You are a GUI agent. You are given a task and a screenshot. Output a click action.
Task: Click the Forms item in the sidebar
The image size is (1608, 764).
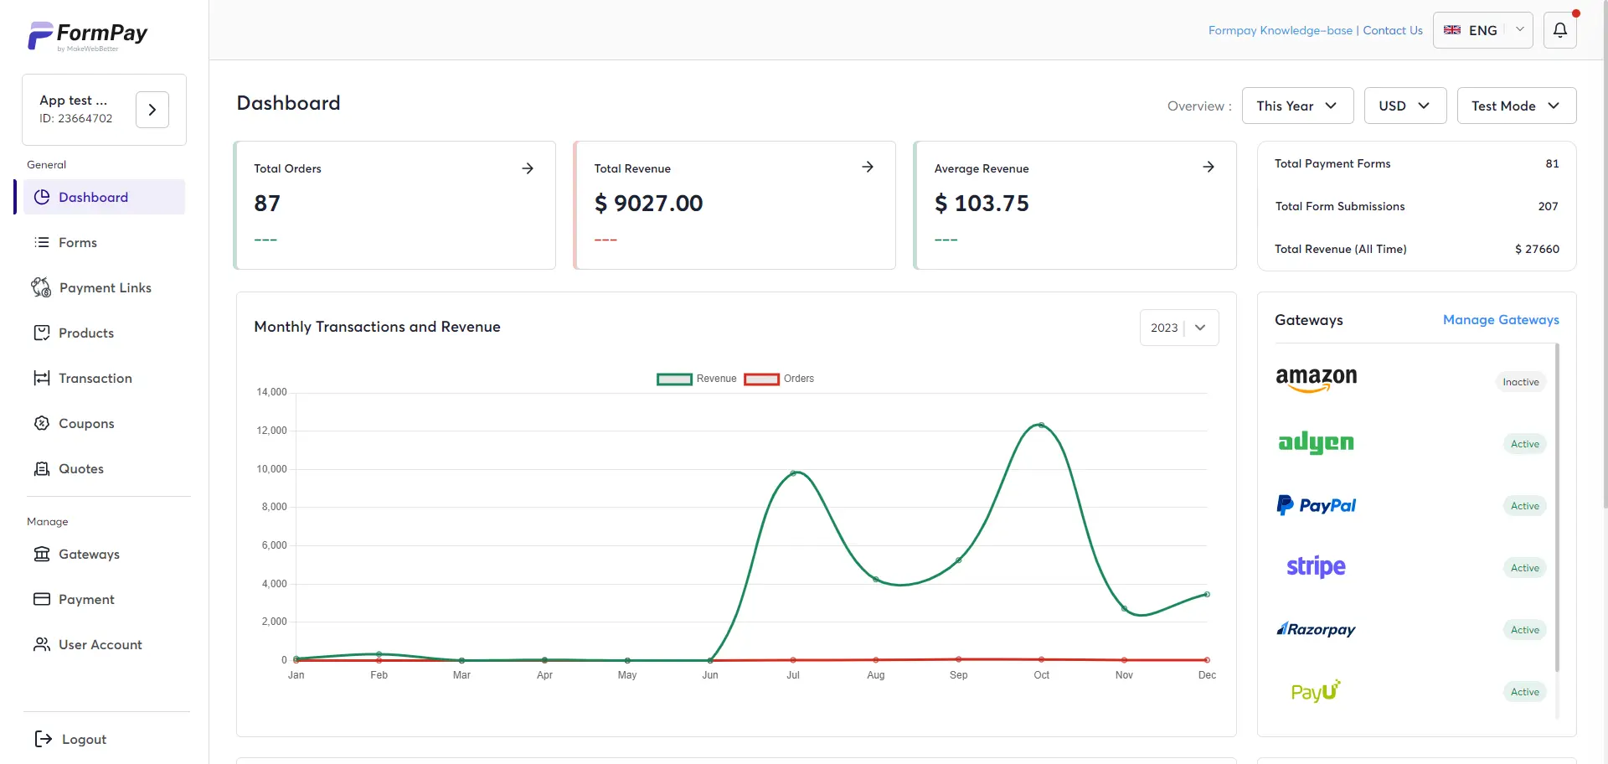pyautogui.click(x=77, y=243)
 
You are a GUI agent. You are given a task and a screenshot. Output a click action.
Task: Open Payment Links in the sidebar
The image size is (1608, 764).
pyautogui.click(x=105, y=288)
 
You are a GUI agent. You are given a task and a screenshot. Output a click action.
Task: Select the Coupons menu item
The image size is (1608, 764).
pyautogui.click(x=85, y=424)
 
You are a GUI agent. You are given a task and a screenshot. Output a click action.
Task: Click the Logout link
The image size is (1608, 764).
pyautogui.click(x=83, y=740)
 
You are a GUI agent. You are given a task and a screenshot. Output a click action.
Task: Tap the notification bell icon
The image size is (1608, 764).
pyautogui.click(x=1559, y=30)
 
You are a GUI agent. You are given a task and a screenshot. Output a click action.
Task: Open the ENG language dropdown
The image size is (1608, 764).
pyautogui.click(x=1482, y=30)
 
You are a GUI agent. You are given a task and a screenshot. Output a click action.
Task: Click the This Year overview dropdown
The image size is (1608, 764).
pyautogui.click(x=1297, y=106)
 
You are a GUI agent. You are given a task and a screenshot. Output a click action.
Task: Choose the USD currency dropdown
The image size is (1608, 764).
pyautogui.click(x=1404, y=106)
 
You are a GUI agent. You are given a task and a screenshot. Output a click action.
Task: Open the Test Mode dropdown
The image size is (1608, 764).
pyautogui.click(x=1516, y=106)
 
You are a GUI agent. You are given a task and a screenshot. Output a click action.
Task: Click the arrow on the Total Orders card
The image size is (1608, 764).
pyautogui.click(x=528, y=168)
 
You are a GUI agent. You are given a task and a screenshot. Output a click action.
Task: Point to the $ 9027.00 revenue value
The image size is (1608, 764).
pyautogui.click(x=648, y=204)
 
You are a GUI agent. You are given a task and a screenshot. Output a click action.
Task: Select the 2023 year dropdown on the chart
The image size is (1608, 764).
pyautogui.click(x=1178, y=328)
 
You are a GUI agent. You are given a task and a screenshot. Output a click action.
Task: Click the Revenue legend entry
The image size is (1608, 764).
pyautogui.click(x=697, y=379)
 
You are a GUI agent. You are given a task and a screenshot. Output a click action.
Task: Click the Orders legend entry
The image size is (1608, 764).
pyautogui.click(x=779, y=379)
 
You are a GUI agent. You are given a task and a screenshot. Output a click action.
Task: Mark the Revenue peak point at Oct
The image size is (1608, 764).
pyautogui.click(x=1041, y=426)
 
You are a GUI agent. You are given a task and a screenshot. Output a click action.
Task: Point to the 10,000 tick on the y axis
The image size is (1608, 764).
pyautogui.click(x=271, y=469)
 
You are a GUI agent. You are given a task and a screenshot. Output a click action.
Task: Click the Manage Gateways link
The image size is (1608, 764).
pyautogui.click(x=1500, y=320)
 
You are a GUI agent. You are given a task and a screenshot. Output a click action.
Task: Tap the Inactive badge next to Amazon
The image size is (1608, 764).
pyautogui.click(x=1520, y=382)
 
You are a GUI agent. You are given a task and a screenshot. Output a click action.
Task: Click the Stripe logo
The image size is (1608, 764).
pyautogui.click(x=1316, y=567)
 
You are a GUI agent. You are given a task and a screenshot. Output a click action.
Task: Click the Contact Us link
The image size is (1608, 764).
pyautogui.click(x=1392, y=31)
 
